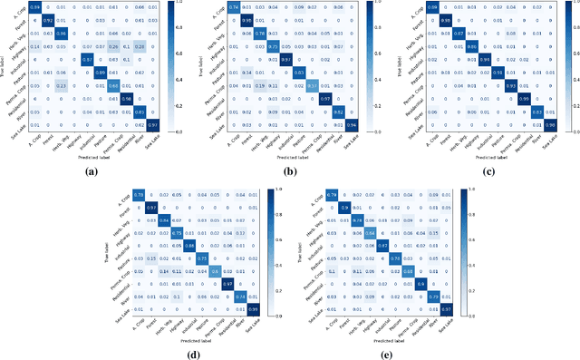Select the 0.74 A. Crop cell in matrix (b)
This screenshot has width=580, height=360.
coord(235,7)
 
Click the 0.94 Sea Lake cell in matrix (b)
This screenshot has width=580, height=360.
coord(351,123)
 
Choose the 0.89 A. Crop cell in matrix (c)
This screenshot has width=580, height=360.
coord(433,7)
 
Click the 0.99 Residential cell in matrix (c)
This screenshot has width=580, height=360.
coord(523,98)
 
